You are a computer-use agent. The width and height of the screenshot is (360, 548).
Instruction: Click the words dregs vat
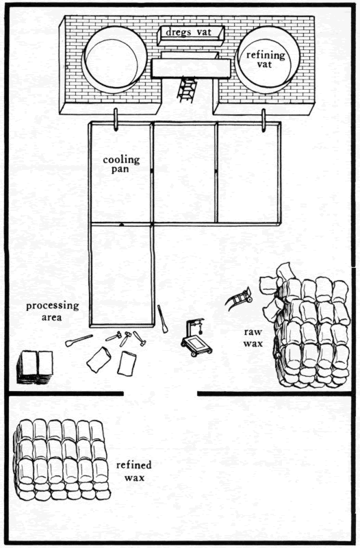(188, 32)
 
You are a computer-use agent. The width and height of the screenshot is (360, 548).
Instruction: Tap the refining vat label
(266, 60)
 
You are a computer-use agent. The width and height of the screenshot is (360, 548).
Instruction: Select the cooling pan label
(121, 164)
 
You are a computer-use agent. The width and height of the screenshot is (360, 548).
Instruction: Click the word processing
(53, 306)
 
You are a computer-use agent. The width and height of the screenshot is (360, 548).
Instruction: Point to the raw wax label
(253, 338)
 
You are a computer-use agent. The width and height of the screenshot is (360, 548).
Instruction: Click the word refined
(134, 465)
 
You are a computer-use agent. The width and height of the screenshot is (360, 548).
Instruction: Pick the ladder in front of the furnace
(186, 89)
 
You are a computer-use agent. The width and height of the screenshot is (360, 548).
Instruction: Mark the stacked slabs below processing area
(35, 367)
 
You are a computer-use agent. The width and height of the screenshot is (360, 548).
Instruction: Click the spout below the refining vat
(264, 121)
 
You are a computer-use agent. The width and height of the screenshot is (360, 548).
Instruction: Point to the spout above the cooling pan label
(115, 119)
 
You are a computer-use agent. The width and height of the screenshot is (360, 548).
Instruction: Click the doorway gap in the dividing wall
(160, 394)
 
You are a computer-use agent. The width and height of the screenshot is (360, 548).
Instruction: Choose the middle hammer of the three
(125, 338)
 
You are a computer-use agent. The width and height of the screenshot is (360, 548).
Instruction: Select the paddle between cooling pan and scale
(162, 319)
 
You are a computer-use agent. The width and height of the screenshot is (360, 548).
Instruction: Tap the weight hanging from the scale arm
(201, 329)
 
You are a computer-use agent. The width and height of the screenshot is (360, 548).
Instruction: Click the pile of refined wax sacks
(62, 459)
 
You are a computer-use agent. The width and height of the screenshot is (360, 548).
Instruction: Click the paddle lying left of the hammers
(79, 340)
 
